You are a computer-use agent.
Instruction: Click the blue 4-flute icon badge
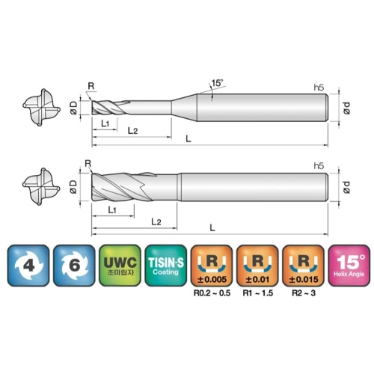pos(28,266)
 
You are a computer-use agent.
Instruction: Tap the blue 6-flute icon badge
pos(74,266)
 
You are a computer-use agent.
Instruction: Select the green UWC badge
pos(120,266)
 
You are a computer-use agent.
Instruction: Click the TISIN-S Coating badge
pos(166,266)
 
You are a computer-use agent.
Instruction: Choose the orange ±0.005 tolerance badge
pos(212,266)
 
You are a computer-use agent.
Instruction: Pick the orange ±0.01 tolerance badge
pos(257,266)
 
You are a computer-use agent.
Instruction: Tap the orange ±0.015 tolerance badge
pos(304,266)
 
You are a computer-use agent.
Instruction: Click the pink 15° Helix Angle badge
pos(349,266)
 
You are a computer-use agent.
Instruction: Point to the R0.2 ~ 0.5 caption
pos(212,293)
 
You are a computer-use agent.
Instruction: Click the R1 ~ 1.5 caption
pos(258,293)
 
